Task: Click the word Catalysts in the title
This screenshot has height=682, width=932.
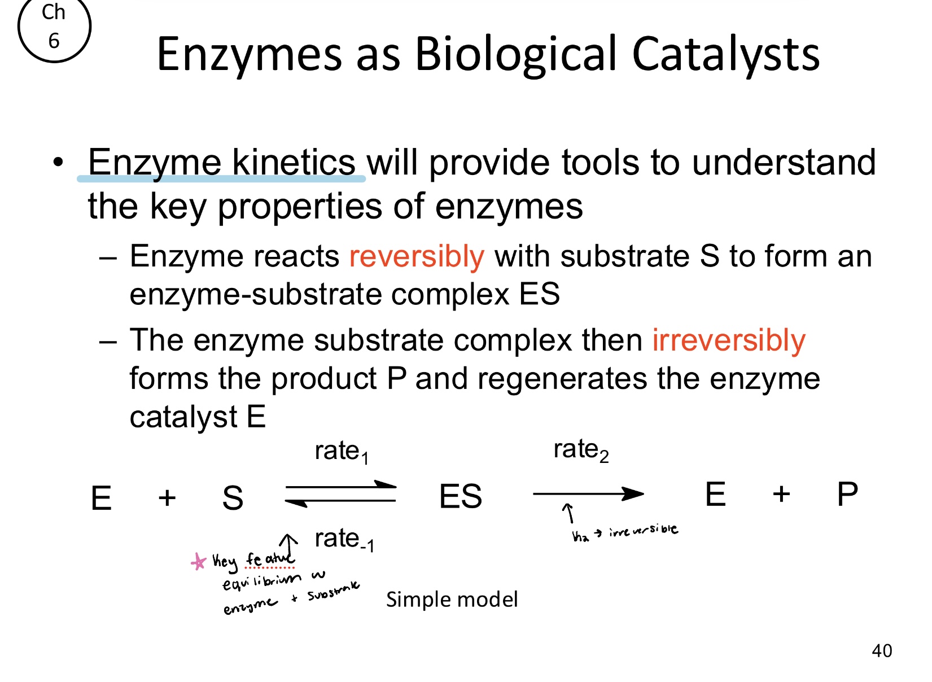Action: (725, 54)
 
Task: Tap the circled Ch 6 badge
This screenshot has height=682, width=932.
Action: (54, 27)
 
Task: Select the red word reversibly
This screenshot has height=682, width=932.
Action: (417, 257)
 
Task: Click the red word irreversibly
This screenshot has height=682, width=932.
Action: (728, 341)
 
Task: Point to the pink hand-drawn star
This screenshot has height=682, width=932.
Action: (199, 562)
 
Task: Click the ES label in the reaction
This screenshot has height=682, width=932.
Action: (460, 497)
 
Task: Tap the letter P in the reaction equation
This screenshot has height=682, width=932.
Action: (847, 495)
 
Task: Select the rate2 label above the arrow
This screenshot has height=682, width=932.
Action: (580, 451)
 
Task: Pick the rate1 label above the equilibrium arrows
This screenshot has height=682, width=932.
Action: (342, 452)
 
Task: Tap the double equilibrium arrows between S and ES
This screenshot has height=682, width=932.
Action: (341, 493)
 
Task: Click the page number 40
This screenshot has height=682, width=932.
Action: (882, 650)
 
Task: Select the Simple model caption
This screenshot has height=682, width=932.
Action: (452, 600)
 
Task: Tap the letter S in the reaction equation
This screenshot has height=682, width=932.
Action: (233, 498)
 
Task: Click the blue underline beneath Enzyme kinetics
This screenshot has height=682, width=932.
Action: (221, 179)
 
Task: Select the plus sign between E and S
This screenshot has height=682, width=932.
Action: (167, 498)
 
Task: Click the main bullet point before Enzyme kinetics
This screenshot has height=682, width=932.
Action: (58, 163)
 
